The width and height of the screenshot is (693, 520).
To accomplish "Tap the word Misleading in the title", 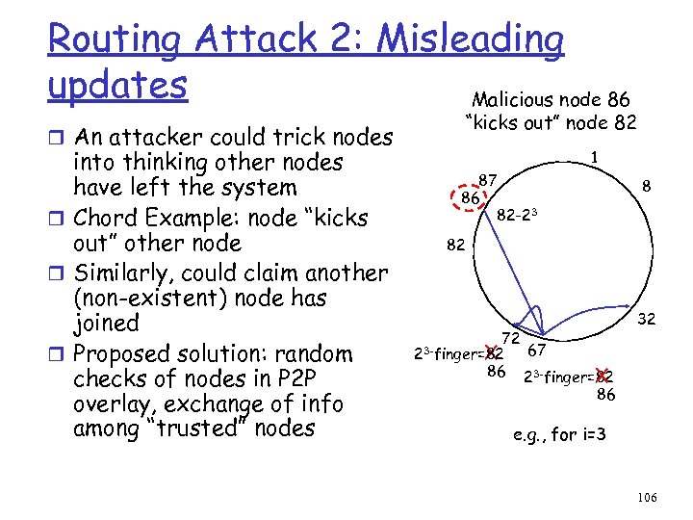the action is coord(472,39).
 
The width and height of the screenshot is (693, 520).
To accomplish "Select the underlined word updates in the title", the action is coord(117,85).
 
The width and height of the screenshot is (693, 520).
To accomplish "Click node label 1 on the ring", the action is coord(597,155).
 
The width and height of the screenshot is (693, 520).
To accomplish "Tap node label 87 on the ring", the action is coord(488,180).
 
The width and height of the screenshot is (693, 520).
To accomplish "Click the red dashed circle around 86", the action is coord(471,197).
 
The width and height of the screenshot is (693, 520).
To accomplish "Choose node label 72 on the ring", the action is coord(510,337).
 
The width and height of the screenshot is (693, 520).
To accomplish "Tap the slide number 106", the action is coord(647,497).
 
